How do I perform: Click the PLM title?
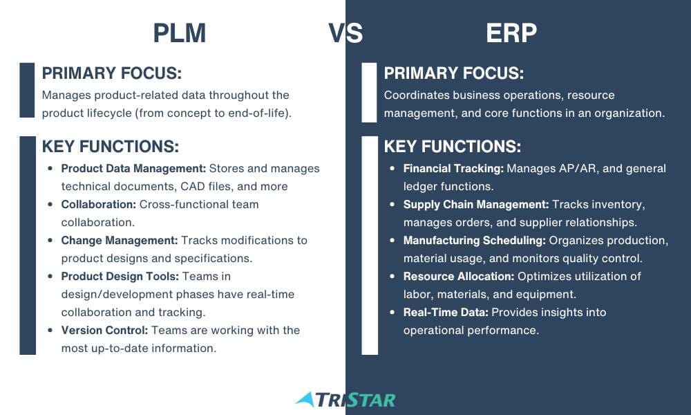click(x=180, y=33)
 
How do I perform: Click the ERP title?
click(x=511, y=33)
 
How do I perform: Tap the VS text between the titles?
click(x=345, y=33)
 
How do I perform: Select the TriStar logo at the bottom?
click(x=345, y=400)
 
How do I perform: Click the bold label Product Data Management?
click(x=133, y=169)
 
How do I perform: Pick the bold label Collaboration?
click(x=99, y=204)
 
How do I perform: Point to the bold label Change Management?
click(x=120, y=241)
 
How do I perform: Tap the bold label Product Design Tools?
click(x=120, y=277)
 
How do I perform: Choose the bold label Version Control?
click(x=104, y=331)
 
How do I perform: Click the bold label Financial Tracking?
click(x=453, y=169)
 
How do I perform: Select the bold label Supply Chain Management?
click(x=476, y=204)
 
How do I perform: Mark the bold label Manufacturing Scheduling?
click(x=475, y=241)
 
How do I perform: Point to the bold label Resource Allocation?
click(x=459, y=277)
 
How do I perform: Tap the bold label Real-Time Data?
click(x=446, y=312)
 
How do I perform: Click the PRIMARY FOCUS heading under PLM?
click(x=112, y=73)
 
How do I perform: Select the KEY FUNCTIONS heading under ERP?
click(x=453, y=147)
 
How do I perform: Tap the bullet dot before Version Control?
click(x=50, y=331)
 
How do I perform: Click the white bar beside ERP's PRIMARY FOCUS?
click(x=369, y=93)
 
